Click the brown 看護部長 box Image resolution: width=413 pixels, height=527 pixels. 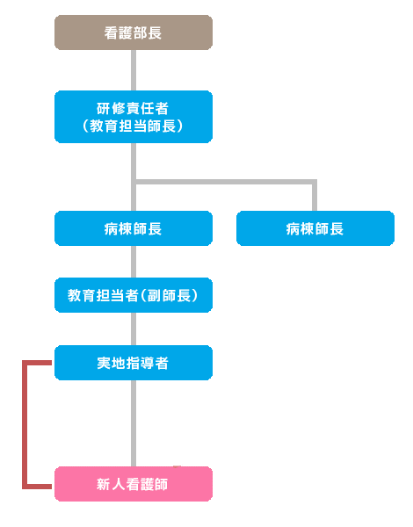pos(134,32)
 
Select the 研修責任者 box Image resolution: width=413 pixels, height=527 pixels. pos(134,117)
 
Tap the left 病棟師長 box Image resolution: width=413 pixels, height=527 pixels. pos(134,228)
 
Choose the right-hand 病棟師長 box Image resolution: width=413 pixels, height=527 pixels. pos(315,228)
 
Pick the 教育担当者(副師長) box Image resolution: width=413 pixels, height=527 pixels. pos(134,295)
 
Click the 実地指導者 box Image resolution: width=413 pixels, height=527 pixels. pos(134,363)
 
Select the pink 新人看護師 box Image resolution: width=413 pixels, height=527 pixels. pos(134,484)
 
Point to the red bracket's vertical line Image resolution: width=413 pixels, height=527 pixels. pos(25,424)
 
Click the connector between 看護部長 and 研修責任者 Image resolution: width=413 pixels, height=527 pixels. pos(134,70)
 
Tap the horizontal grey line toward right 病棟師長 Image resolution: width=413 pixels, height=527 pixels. pos(225,182)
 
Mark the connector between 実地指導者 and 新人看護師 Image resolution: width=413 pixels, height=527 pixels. pos(134,423)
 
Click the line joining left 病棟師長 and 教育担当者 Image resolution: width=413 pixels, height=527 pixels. pos(134,262)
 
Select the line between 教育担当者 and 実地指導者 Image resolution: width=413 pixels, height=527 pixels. pos(134,329)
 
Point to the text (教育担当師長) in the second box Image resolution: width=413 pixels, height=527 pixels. pos(133,126)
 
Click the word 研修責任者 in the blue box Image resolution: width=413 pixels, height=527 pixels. pos(133,108)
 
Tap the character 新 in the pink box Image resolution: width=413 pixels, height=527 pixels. pos(104,484)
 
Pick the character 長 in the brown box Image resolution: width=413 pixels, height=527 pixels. pos(155,33)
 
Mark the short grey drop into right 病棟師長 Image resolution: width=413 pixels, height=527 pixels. pos(315,196)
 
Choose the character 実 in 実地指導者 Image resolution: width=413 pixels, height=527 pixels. pos(104,363)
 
